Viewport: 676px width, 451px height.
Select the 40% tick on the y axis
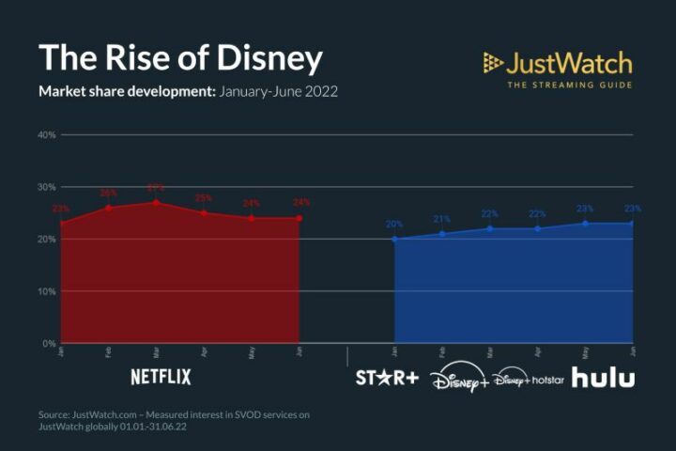(x=47, y=135)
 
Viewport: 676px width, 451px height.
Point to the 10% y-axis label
(x=47, y=291)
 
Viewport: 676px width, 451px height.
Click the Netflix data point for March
(x=156, y=202)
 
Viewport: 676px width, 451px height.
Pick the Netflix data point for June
(x=300, y=218)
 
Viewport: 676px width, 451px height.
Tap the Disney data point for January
(x=394, y=239)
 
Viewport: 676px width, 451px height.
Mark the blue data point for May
(x=585, y=223)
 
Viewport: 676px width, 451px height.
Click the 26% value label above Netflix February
(x=109, y=193)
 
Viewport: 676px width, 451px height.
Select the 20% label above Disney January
(x=394, y=225)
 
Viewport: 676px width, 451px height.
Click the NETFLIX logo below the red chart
(x=161, y=378)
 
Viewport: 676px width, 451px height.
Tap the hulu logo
(x=603, y=378)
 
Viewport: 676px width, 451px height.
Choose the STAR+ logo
(x=385, y=378)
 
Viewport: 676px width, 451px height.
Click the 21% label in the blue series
(x=442, y=219)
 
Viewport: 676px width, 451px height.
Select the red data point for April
(x=204, y=213)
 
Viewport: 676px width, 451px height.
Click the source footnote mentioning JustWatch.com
(x=175, y=420)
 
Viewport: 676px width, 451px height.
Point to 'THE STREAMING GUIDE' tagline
(x=570, y=86)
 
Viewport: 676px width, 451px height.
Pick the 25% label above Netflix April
(x=204, y=198)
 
